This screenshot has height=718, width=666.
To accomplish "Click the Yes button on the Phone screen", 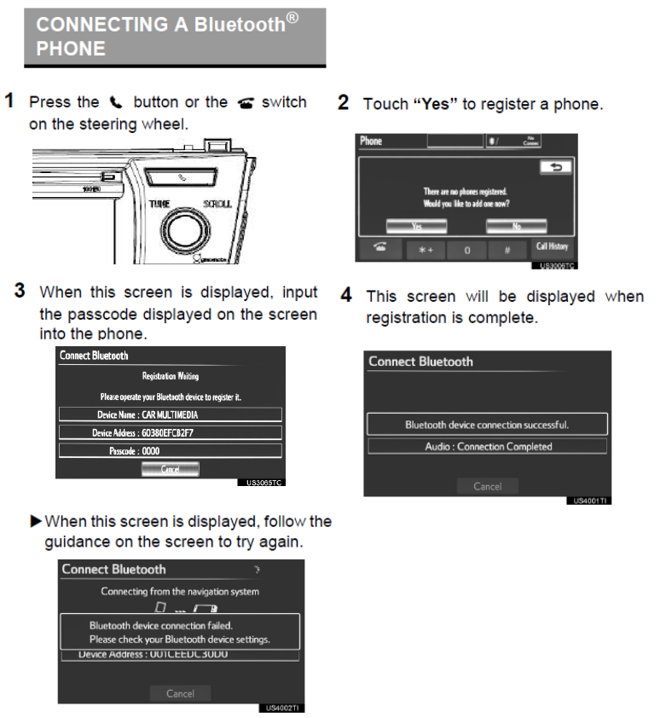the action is [x=417, y=226].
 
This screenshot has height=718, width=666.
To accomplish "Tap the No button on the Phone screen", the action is [x=517, y=226].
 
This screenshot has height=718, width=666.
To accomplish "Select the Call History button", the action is [x=553, y=247].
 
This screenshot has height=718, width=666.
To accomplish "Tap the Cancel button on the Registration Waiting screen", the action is [x=170, y=468].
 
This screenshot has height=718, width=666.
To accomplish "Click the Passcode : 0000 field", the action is [x=170, y=450].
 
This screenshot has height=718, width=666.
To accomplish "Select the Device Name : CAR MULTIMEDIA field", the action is [x=170, y=414].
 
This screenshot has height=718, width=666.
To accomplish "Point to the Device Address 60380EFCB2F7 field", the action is [x=170, y=432].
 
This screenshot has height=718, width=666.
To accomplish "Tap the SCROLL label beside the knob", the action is [x=217, y=205].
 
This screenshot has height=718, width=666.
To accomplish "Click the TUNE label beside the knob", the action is [x=159, y=205].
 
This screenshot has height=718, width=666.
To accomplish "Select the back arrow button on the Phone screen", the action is [x=555, y=168].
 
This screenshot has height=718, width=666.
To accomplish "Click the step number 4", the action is [x=346, y=296].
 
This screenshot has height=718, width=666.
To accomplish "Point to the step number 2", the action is [x=343, y=103].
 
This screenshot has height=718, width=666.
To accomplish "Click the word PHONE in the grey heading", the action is [x=71, y=49].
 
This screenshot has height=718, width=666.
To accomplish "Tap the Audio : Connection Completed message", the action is [x=488, y=446].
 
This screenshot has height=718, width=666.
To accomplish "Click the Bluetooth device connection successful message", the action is [x=487, y=424].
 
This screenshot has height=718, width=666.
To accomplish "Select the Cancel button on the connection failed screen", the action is [x=180, y=693].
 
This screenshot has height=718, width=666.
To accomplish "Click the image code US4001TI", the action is [x=589, y=501].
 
